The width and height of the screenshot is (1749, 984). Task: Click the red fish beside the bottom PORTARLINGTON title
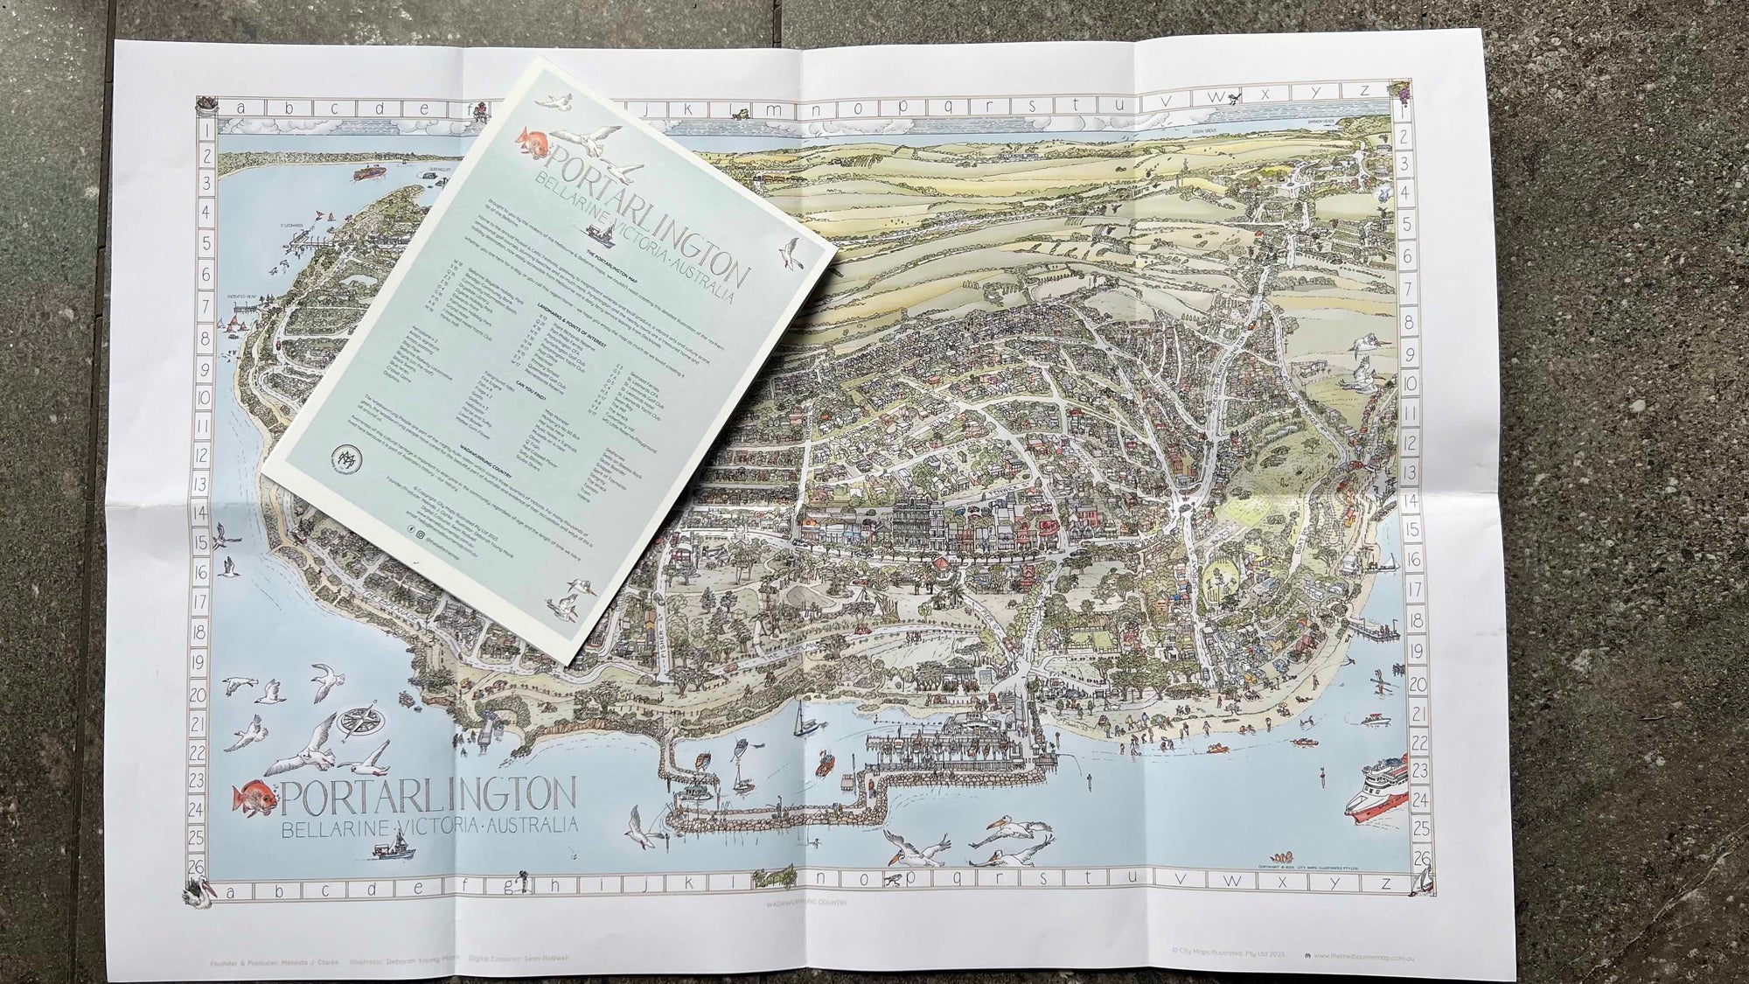[254, 798]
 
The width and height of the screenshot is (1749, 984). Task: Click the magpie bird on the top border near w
[1233, 99]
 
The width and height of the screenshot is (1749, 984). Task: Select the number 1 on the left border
[207, 129]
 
